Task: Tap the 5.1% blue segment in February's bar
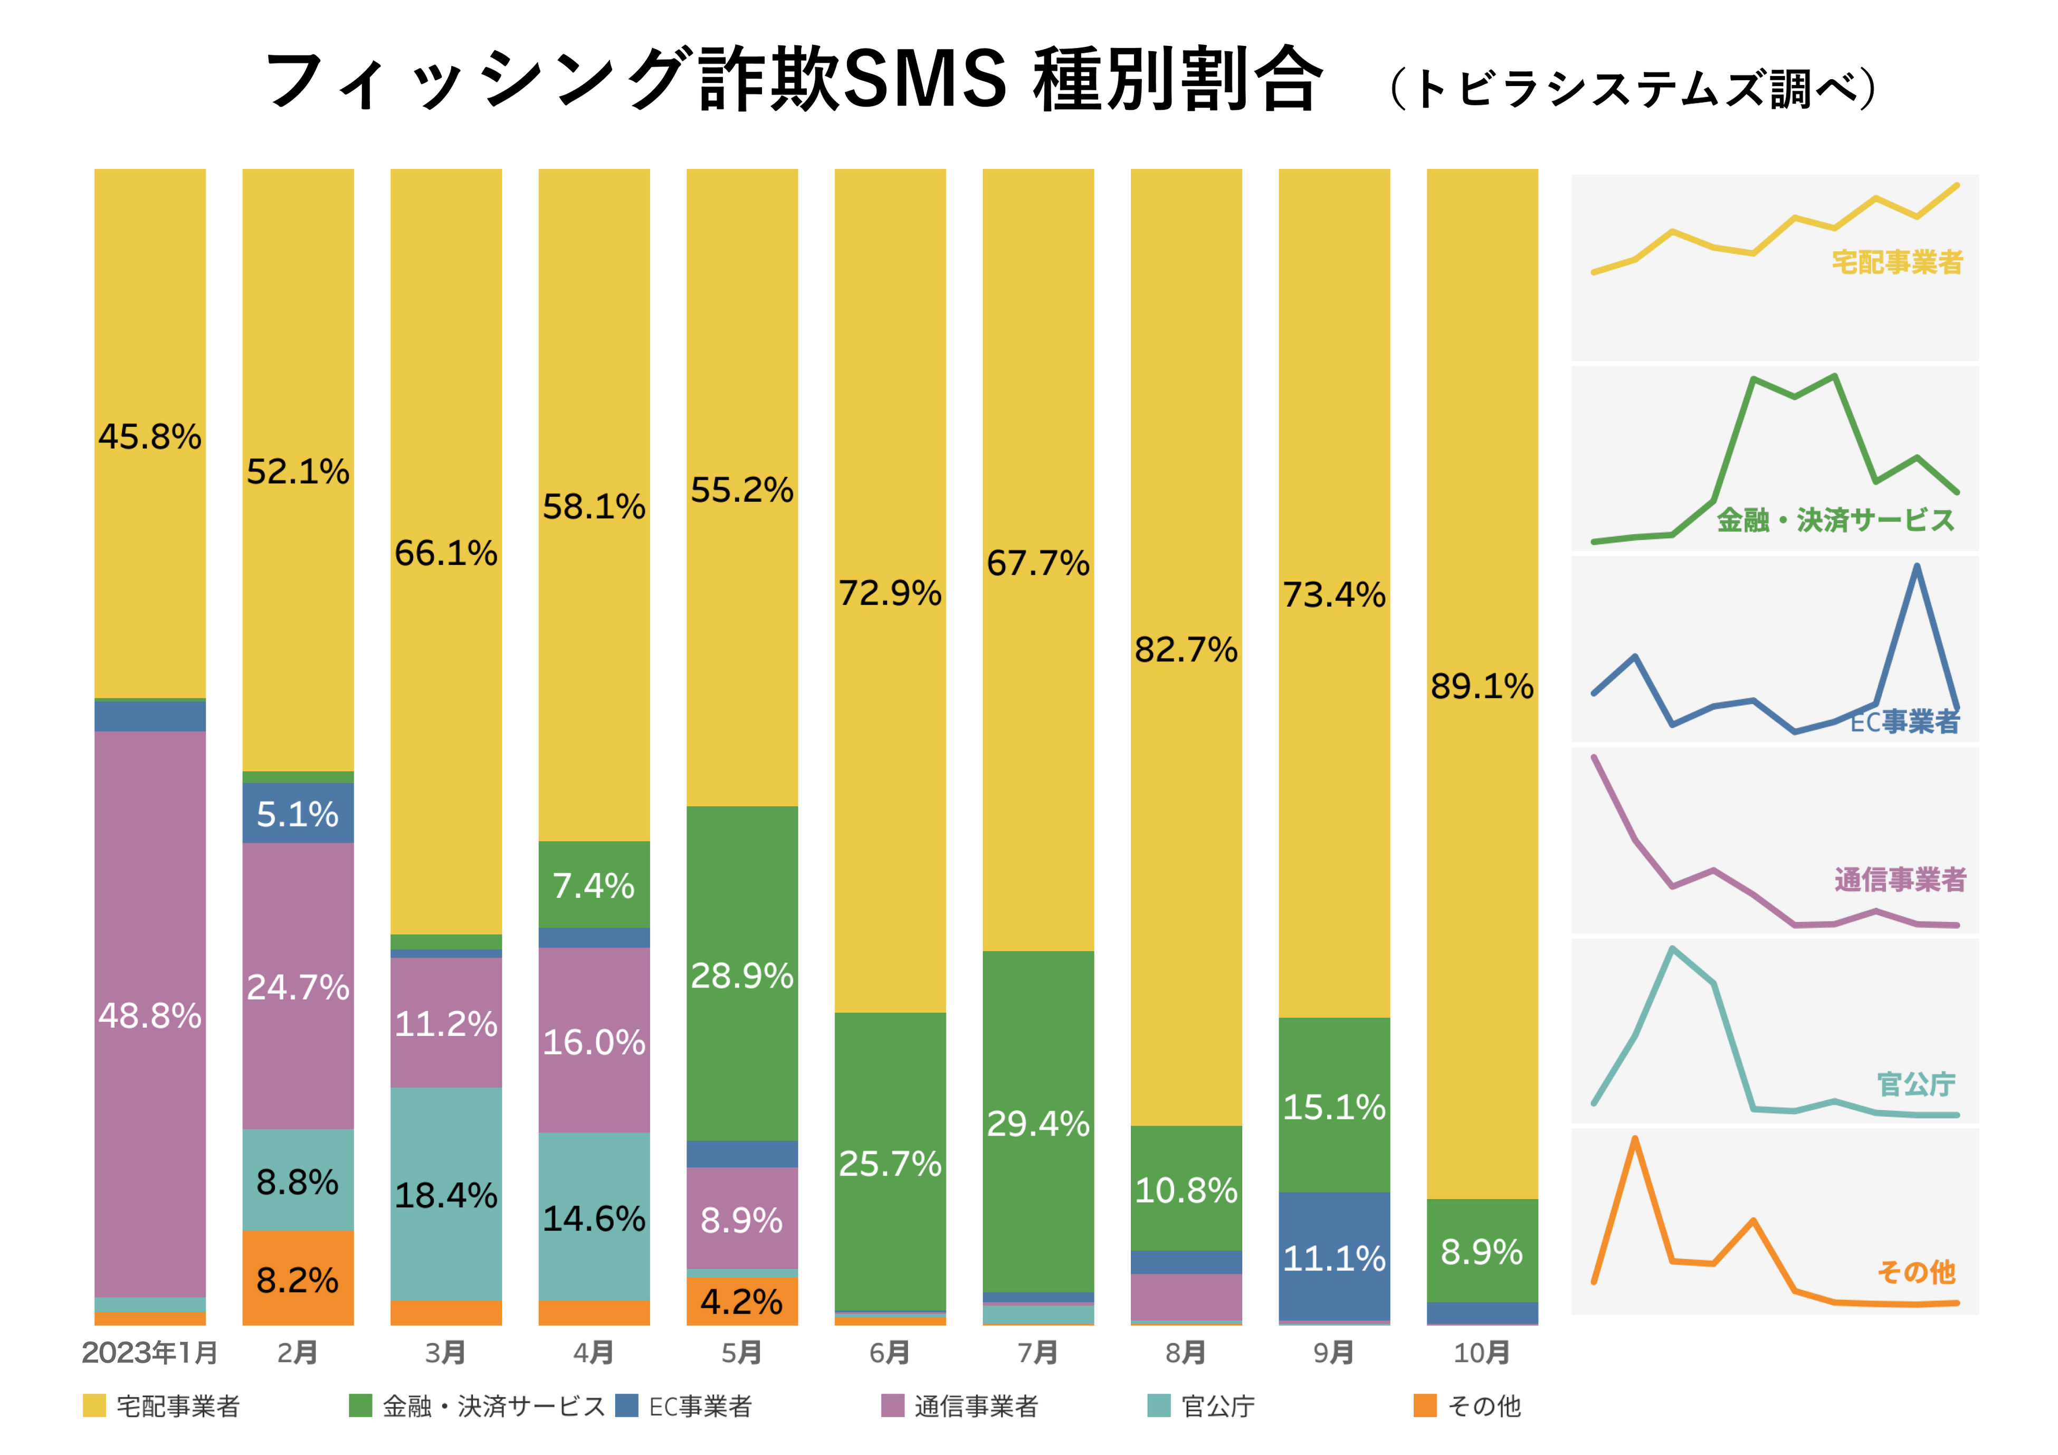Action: tap(298, 813)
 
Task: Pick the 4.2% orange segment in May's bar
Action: tap(741, 1301)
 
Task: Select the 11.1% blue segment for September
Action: tap(1334, 1257)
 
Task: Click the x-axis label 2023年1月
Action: tap(150, 1353)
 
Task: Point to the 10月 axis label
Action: tap(1482, 1353)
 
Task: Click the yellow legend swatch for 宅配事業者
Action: tap(94, 1406)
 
